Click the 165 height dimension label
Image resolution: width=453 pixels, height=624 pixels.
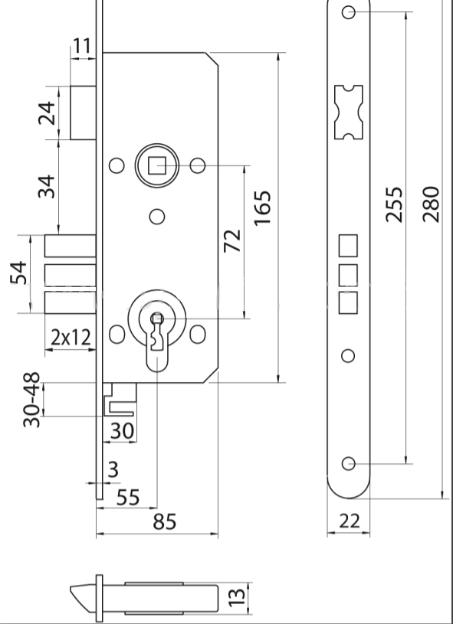click(263, 208)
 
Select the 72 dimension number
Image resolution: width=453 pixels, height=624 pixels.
click(232, 240)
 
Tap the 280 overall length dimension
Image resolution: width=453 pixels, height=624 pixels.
click(431, 204)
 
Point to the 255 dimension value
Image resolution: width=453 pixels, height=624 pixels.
click(394, 204)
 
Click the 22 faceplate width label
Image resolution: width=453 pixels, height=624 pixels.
click(350, 521)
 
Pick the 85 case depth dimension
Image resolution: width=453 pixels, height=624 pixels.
click(165, 521)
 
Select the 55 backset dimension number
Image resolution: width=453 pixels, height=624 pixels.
click(128, 498)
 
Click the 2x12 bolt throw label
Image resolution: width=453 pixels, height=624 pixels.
click(71, 338)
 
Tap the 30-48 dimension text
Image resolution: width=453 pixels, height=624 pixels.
click(32, 400)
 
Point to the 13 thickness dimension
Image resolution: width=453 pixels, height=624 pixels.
click(237, 598)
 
